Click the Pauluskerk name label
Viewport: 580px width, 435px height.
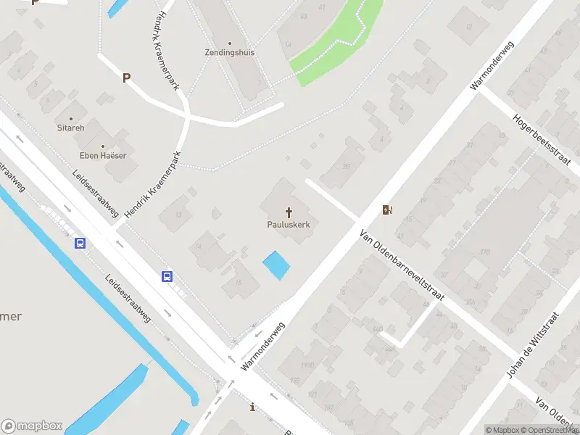(289, 225)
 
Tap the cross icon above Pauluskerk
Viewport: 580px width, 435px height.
(289, 212)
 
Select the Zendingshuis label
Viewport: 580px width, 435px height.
(229, 53)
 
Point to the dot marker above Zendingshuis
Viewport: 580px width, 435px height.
(230, 43)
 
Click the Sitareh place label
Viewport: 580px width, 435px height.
(71, 128)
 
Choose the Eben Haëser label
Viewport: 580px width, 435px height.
(103, 156)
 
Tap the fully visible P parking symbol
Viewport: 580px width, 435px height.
(126, 78)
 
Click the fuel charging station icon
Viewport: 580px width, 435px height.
(389, 210)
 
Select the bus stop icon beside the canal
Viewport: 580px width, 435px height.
(80, 243)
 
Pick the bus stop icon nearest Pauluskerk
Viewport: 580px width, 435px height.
(167, 276)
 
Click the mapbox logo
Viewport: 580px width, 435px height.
(32, 426)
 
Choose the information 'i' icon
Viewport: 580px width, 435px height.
(252, 407)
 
